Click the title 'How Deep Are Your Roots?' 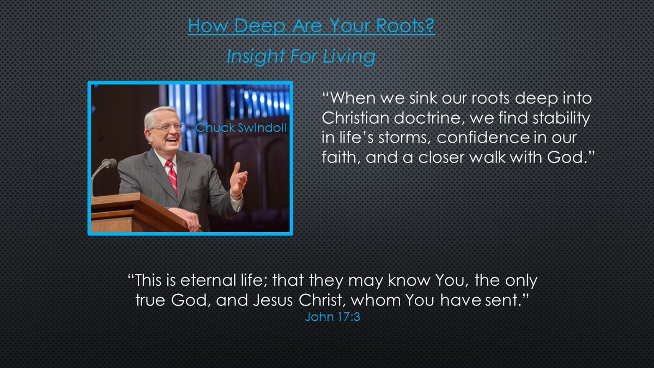[x=311, y=26]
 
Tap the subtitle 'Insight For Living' [x=300, y=57]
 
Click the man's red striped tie [x=172, y=175]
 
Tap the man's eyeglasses [x=166, y=127]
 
